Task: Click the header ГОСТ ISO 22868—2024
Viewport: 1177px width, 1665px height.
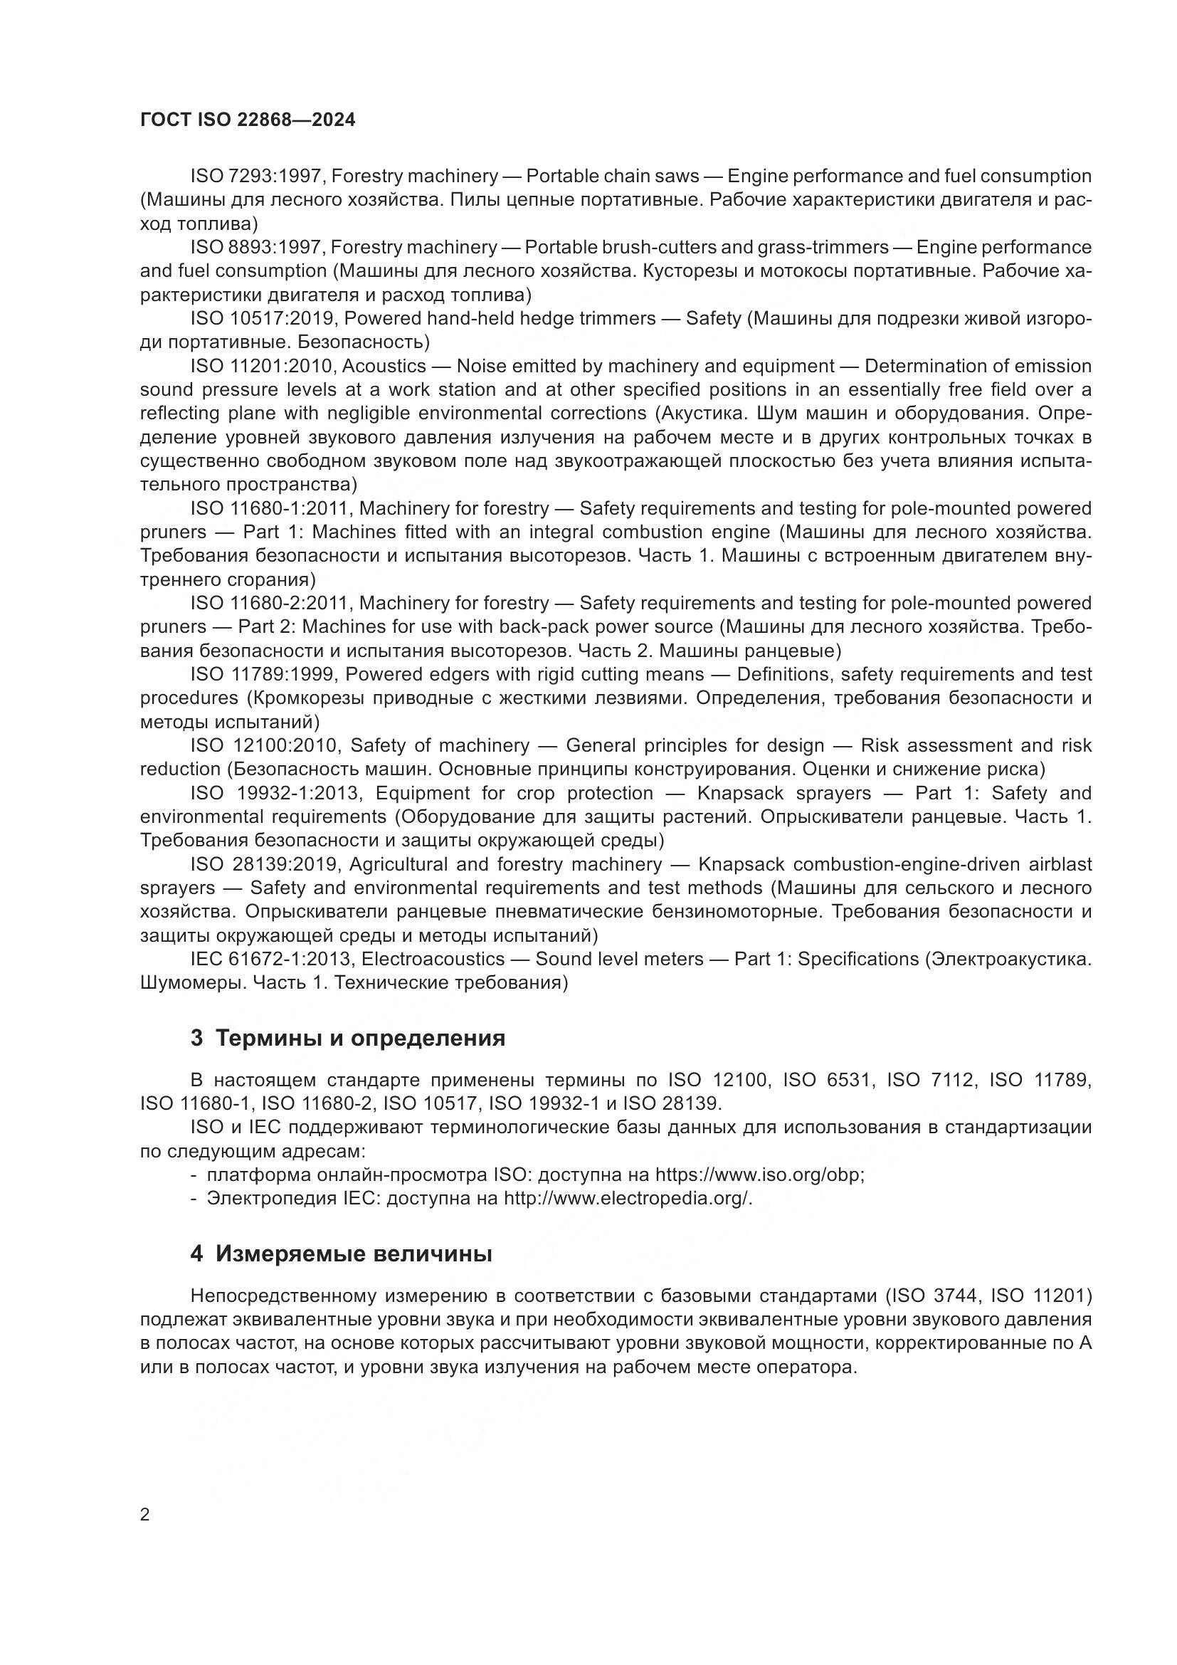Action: [248, 120]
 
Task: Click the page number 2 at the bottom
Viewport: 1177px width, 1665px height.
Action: [145, 1515]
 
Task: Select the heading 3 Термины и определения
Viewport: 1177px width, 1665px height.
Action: [348, 1038]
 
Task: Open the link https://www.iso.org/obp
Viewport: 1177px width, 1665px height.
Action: [759, 1175]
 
